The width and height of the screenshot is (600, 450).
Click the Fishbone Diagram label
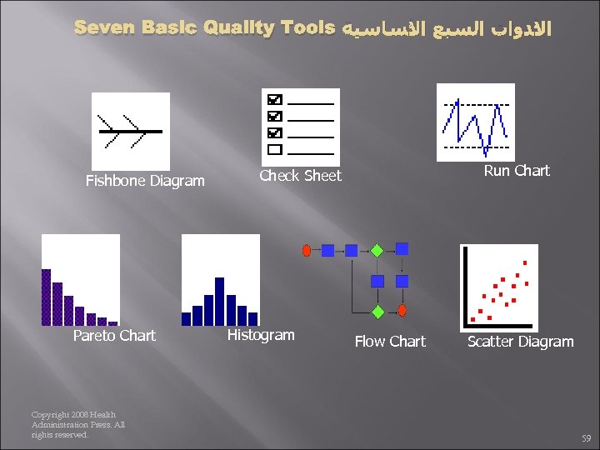coord(145,181)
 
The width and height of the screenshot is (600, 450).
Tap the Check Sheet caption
coord(300,175)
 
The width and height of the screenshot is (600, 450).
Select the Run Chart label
coord(517,171)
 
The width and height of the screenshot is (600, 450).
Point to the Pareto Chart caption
coord(114,336)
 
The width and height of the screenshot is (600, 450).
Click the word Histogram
coord(261,335)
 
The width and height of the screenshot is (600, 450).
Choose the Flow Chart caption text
coord(390,342)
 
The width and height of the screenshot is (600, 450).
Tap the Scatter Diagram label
coord(520,342)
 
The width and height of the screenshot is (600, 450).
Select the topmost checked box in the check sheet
coord(275,99)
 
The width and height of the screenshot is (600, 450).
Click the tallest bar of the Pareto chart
coord(47,297)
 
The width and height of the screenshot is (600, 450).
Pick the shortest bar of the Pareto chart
coord(112,322)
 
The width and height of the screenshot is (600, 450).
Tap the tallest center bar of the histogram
coord(220,301)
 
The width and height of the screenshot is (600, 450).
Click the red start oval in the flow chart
coord(307,249)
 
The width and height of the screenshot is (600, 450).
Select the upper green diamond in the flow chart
coord(377,249)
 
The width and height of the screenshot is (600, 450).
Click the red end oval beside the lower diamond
coord(402,311)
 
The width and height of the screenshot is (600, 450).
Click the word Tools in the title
coord(307,28)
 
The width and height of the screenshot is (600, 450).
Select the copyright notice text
coord(77,425)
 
